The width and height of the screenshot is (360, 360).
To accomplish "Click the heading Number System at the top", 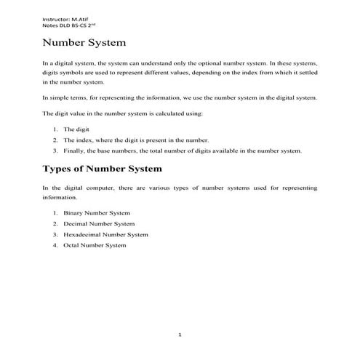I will (x=84, y=43).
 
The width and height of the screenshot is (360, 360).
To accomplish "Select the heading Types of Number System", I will (x=103, y=169).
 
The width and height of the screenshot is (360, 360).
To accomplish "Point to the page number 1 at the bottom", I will (x=180, y=335).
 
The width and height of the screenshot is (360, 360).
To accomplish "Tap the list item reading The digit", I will (x=76, y=129).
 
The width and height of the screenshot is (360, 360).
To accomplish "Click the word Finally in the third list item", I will (x=75, y=151).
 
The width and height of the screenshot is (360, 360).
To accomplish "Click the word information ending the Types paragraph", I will (x=59, y=197).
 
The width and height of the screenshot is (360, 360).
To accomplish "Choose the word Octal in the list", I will (x=71, y=246).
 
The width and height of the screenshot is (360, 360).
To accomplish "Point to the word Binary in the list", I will (x=73, y=213).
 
